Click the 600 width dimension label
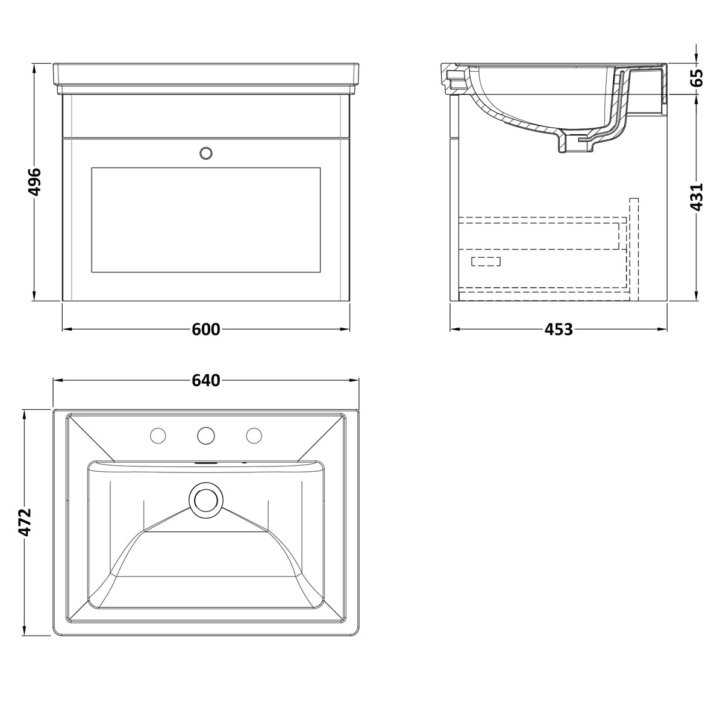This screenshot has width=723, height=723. [x=206, y=330]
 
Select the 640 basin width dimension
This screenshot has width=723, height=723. [x=206, y=381]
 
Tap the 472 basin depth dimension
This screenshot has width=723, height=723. [x=25, y=522]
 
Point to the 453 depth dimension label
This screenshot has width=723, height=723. [x=559, y=330]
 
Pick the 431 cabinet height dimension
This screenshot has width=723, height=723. [x=696, y=196]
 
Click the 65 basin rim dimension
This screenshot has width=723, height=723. [x=696, y=78]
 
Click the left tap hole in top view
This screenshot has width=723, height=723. [x=158, y=434]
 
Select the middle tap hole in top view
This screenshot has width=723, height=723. [x=206, y=434]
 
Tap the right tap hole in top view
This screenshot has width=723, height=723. [x=254, y=434]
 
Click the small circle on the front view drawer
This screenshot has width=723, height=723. [x=206, y=153]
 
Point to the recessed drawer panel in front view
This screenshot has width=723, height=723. [x=205, y=219]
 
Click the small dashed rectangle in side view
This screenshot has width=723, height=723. [x=486, y=261]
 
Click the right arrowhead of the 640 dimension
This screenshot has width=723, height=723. [x=357, y=381]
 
